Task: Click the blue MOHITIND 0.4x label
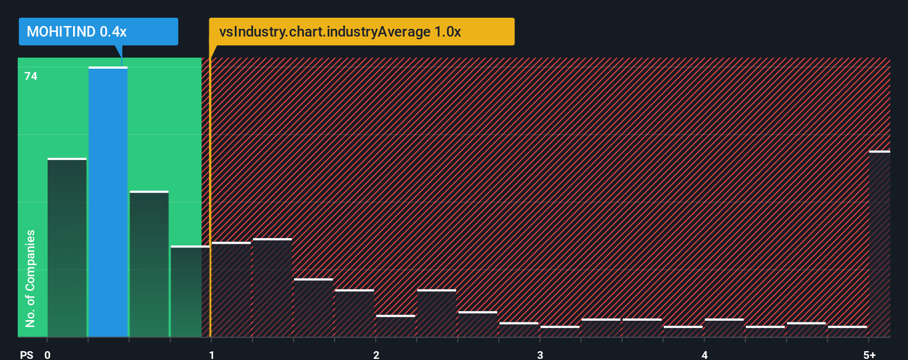tap(98, 32)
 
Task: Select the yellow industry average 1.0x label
tap(362, 32)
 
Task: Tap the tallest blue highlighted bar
tap(108, 202)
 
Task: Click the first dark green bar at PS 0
tap(67, 248)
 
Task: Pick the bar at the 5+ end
tap(879, 244)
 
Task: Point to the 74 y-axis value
tap(31, 76)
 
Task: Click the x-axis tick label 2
tap(376, 355)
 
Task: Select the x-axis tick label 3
tap(540, 355)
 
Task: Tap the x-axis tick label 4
tap(704, 355)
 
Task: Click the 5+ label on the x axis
tap(869, 355)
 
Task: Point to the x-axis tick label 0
tap(48, 355)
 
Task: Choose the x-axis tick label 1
tap(211, 355)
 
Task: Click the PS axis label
tap(27, 355)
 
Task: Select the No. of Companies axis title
tap(30, 278)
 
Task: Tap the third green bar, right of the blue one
tap(149, 264)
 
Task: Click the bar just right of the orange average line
tap(231, 290)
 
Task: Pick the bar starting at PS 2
tap(395, 326)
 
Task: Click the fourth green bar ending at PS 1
tap(190, 291)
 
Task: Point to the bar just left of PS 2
tap(354, 313)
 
